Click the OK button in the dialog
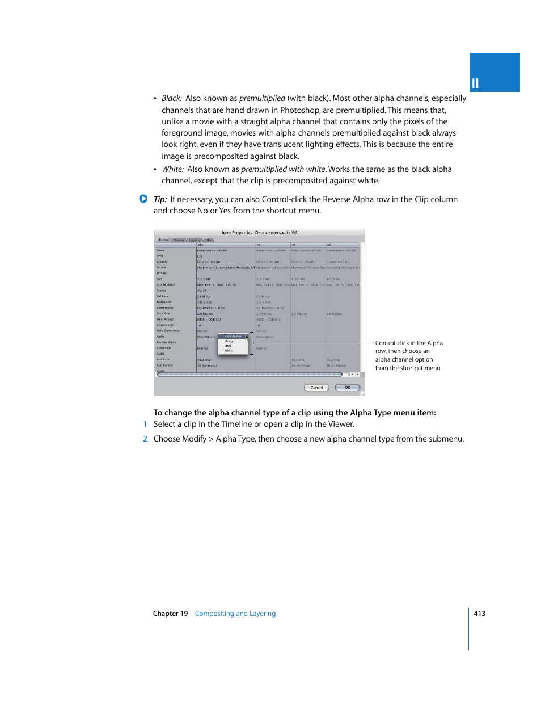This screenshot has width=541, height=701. tap(347, 388)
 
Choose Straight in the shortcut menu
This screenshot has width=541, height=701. tap(230, 341)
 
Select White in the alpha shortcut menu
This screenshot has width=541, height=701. tap(229, 351)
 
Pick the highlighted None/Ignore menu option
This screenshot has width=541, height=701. tap(233, 337)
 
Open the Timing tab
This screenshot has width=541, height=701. tap(179, 240)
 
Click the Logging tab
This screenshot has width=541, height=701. tap(195, 240)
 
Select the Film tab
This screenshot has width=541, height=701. tap(209, 240)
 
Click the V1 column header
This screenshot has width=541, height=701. tap(259, 245)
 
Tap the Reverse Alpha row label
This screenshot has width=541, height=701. tap(166, 342)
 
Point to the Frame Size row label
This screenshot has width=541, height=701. tap(164, 302)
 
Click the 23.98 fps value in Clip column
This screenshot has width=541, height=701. tap(204, 296)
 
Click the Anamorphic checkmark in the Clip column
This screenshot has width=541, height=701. tap(200, 325)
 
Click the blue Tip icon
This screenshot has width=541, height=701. tap(143, 199)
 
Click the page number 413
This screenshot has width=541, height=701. tap(479, 614)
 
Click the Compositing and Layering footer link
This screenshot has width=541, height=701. tap(235, 614)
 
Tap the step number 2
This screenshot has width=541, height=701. tap(145, 439)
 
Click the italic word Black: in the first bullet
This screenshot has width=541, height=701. tap(172, 98)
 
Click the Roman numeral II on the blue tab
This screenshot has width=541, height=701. tap(475, 83)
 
